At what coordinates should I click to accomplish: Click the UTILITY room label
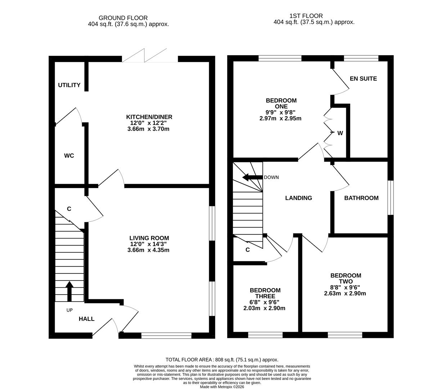click(69, 85)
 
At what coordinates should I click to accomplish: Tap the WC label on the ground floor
click(69, 156)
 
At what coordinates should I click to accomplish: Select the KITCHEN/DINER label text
click(149, 117)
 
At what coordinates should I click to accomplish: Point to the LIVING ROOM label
click(149, 238)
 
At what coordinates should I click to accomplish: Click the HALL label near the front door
click(86, 319)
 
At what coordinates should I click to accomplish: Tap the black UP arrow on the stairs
click(69, 291)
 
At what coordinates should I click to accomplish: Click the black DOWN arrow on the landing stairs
click(252, 177)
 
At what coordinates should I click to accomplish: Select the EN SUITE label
click(363, 79)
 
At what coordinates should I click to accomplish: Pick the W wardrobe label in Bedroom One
click(340, 133)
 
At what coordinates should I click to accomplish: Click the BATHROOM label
click(361, 198)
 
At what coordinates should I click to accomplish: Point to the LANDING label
click(298, 198)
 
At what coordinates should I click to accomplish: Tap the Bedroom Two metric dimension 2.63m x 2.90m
click(345, 293)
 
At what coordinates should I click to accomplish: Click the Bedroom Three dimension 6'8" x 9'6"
click(265, 302)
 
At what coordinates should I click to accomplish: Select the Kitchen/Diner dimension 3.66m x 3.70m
click(148, 129)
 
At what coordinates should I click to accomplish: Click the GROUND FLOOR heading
click(123, 18)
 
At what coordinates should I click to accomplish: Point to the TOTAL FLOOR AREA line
click(222, 359)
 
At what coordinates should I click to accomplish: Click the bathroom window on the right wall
click(390, 198)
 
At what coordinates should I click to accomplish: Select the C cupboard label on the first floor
click(248, 250)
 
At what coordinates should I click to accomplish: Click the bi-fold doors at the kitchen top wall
click(149, 57)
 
